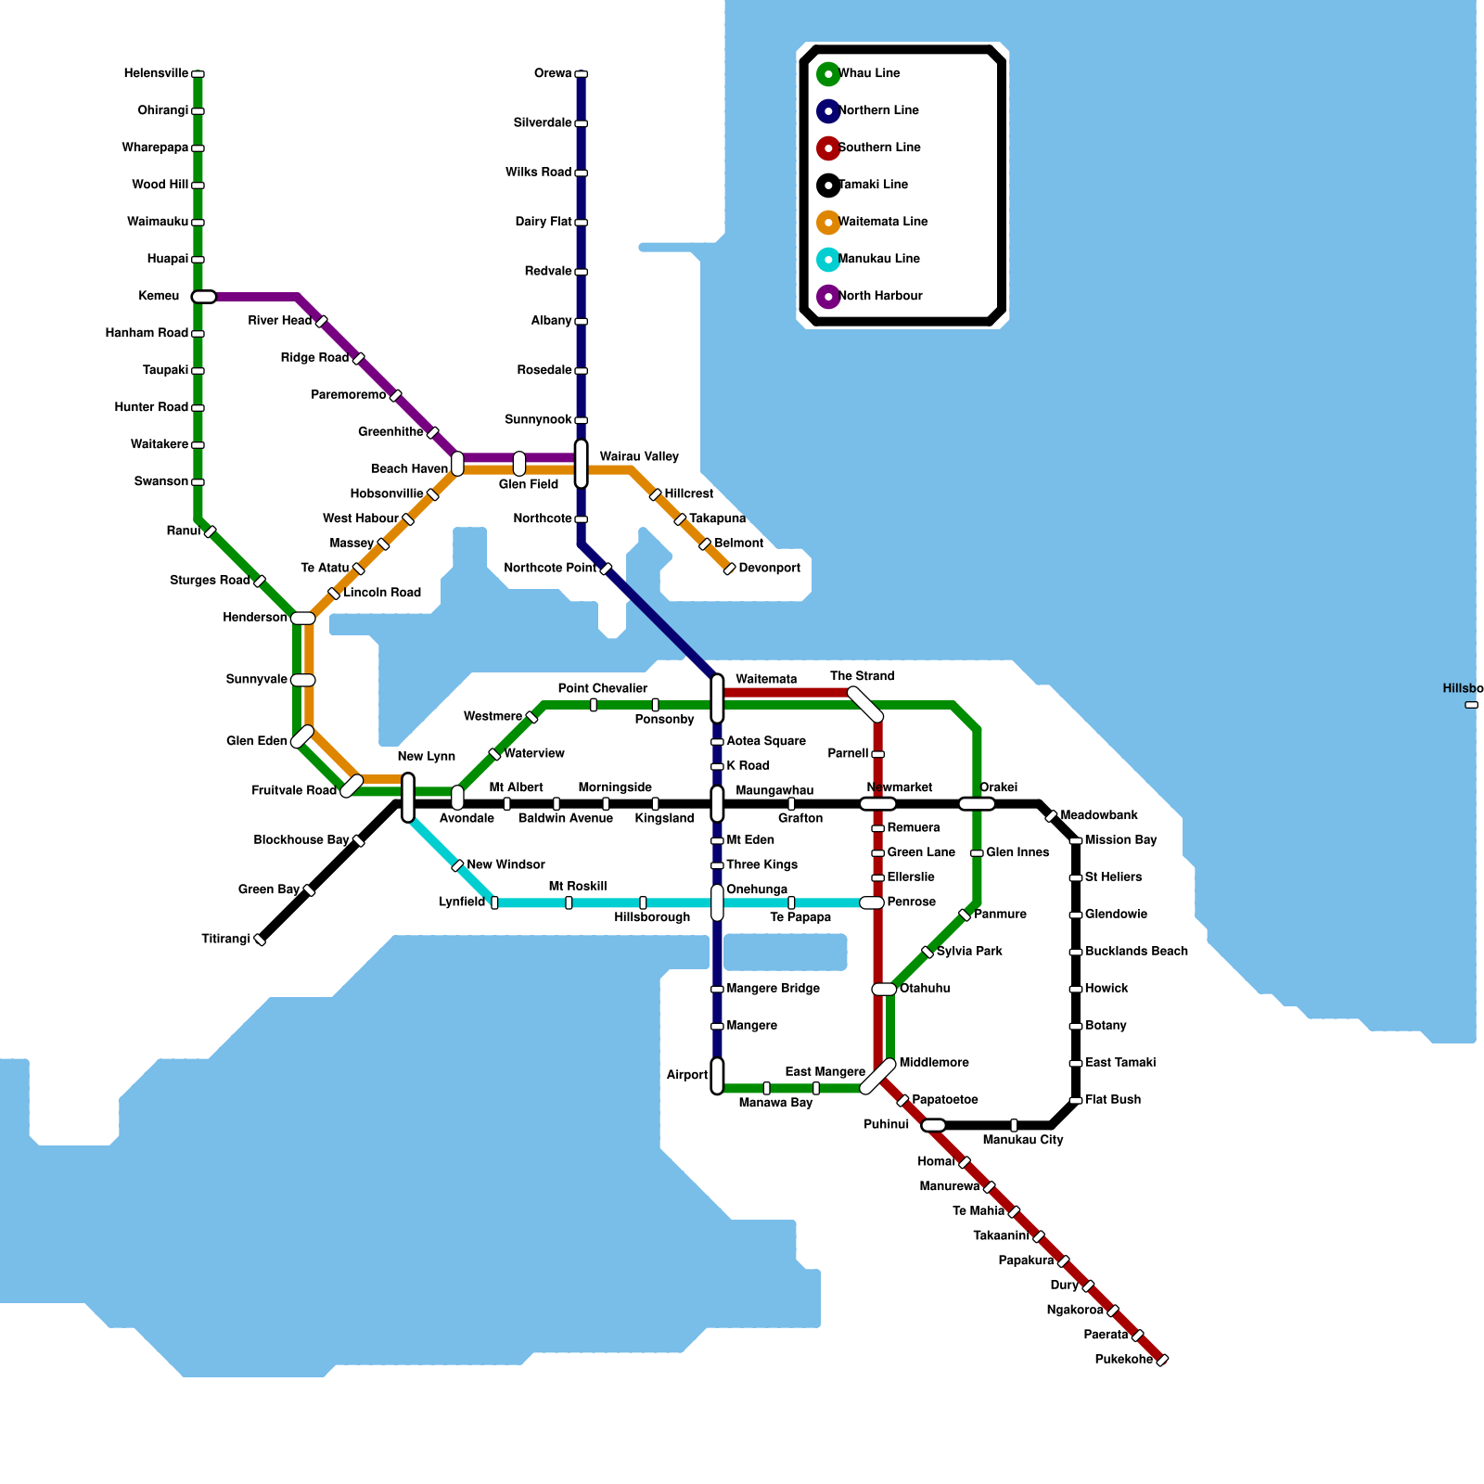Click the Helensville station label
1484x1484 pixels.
(156, 73)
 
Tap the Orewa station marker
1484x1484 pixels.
(581, 74)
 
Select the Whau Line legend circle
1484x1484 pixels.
(828, 73)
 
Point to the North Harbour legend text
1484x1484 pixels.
(880, 296)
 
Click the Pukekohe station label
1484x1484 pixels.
(1123, 1360)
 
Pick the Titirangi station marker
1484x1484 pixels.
(261, 940)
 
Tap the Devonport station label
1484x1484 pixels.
(769, 568)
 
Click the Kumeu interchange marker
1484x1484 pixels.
(204, 297)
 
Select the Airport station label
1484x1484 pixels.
(686, 1075)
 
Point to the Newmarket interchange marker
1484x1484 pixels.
(877, 804)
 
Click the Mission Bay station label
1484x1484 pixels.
(1120, 840)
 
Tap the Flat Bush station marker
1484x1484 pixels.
(1076, 1100)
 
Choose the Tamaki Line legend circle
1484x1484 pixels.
(828, 185)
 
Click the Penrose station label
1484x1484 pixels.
(911, 902)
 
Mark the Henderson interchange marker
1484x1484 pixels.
(302, 618)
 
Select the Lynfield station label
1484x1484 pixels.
(462, 902)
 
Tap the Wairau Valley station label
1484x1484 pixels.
(639, 456)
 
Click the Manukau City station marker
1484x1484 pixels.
(1014, 1125)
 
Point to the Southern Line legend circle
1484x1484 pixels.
(828, 147)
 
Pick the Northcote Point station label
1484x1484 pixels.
(550, 568)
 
